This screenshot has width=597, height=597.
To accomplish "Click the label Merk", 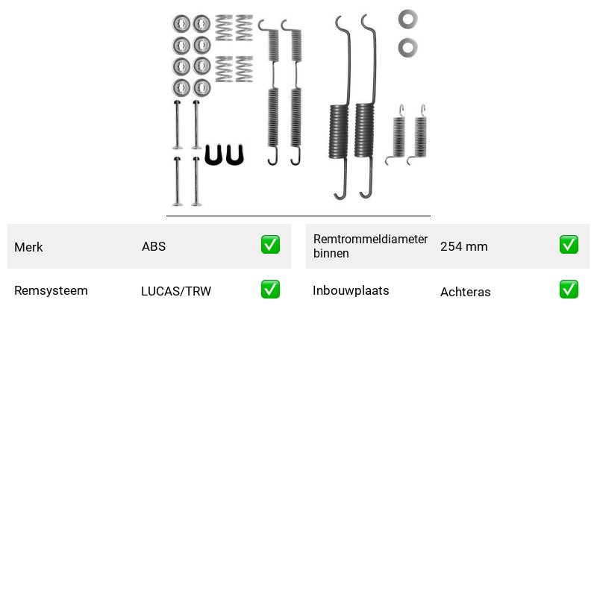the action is tap(28, 247).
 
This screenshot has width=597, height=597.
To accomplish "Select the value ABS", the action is tap(154, 246).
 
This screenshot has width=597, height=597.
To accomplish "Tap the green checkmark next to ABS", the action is tap(270, 245).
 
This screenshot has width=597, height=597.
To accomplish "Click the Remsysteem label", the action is tap(51, 290).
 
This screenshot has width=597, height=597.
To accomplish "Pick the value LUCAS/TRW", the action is tap(176, 291).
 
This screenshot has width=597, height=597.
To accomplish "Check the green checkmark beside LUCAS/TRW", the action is tap(270, 290).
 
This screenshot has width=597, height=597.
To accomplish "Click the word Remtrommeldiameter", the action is tap(370, 239).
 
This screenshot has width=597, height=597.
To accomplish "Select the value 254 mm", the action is tap(463, 246).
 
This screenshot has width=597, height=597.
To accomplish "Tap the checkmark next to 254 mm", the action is tap(569, 245).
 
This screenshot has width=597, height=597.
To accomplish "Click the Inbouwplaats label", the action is tap(351, 290).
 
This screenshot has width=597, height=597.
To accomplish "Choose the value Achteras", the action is tap(465, 292).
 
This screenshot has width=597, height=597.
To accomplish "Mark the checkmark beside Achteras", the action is tap(569, 290).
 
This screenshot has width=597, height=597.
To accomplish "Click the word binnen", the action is tap(331, 253).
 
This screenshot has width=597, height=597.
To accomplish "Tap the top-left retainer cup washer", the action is tap(181, 24).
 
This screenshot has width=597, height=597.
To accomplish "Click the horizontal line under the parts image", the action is tap(298, 216).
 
